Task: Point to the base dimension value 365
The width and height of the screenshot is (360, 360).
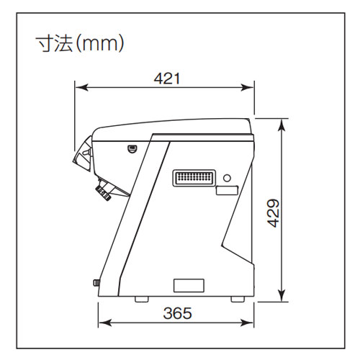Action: pyautogui.click(x=177, y=313)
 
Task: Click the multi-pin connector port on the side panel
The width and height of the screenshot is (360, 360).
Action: pyautogui.click(x=193, y=178)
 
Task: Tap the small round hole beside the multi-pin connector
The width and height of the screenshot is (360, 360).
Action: pyautogui.click(x=228, y=177)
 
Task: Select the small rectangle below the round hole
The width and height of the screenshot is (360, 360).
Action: pyautogui.click(x=227, y=192)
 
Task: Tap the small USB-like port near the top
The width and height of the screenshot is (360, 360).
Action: pyautogui.click(x=132, y=149)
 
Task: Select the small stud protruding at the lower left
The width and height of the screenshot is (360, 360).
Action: pyautogui.click(x=96, y=283)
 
